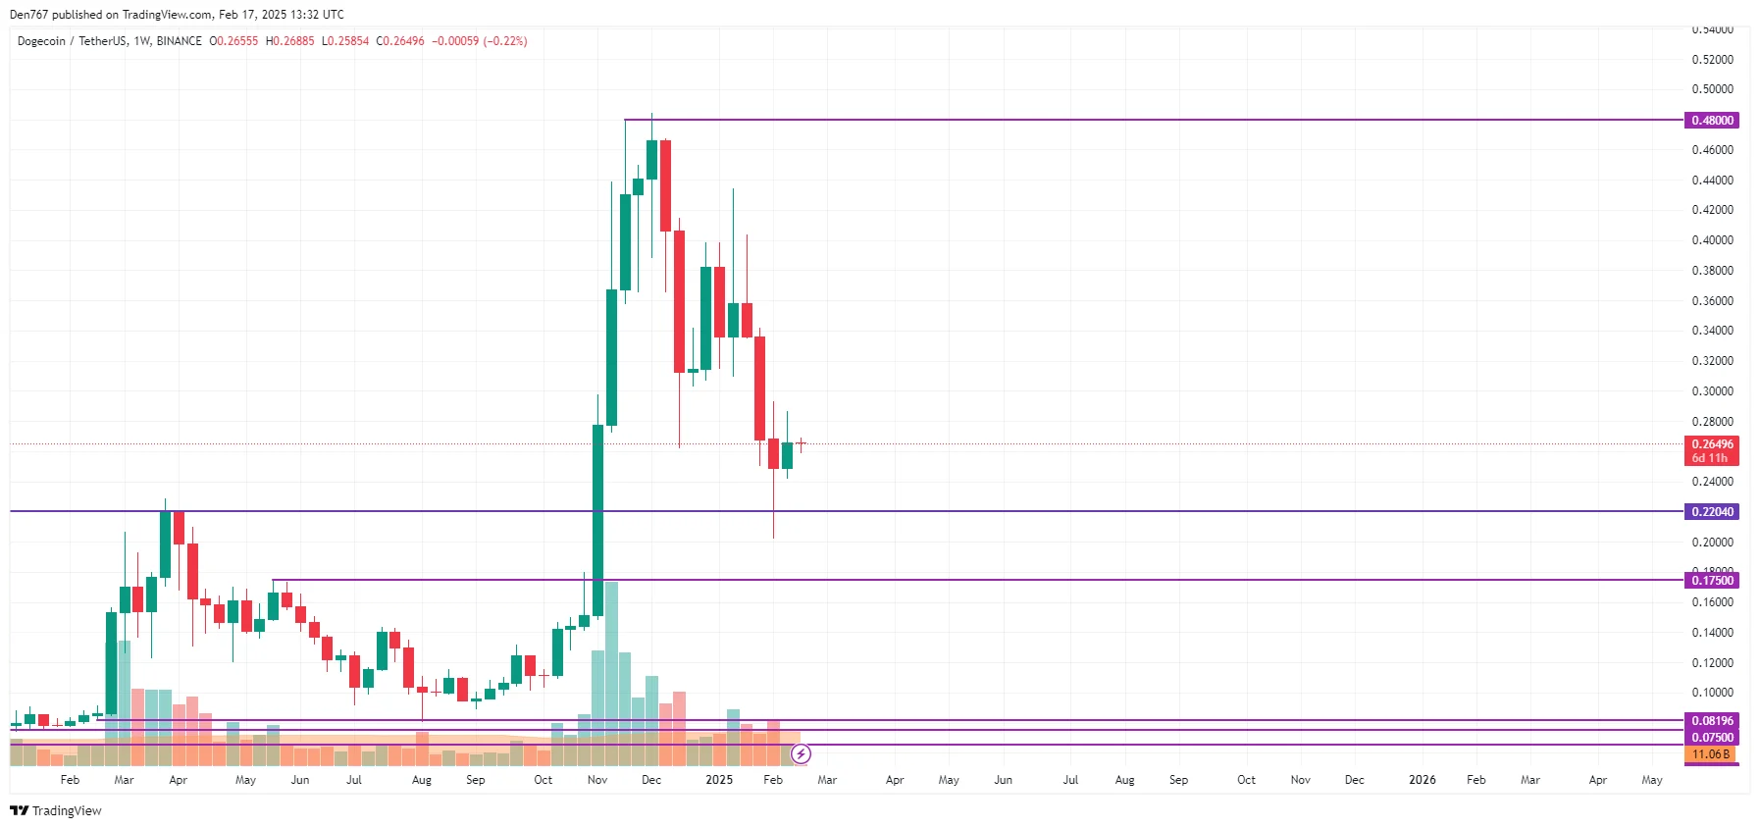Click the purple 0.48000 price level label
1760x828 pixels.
pos(1712,121)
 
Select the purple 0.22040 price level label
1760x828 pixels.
pos(1712,512)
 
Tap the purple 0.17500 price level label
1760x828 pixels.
pos(1712,581)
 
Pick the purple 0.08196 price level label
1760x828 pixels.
pos(1712,721)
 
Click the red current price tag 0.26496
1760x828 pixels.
pos(1712,444)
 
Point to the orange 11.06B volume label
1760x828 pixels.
pos(1711,754)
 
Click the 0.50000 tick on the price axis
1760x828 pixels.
pos(1712,89)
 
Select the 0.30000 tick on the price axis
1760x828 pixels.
pos(1712,391)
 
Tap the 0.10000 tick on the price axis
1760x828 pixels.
pos(1712,693)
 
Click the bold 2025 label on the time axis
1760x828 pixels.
pos(719,780)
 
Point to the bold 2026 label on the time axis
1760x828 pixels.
pos(1422,780)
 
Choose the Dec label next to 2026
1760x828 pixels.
pos(1354,780)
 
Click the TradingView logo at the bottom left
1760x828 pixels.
pos(56,810)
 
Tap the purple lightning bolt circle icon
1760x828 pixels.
pos(801,754)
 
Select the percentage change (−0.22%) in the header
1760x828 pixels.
pos(505,41)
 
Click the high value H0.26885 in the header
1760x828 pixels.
pos(290,41)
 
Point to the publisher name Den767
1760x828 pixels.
pos(28,15)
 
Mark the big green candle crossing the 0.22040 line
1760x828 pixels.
pos(597,520)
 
